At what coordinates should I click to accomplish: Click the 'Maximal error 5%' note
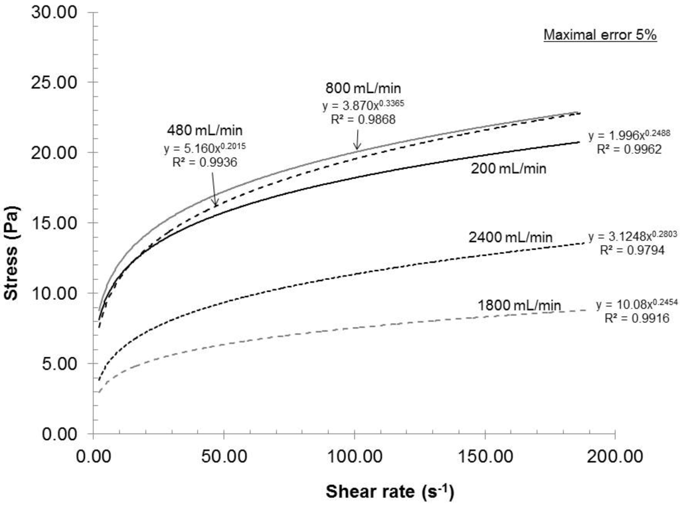[600, 35]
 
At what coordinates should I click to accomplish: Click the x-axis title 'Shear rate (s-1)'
[390, 493]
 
